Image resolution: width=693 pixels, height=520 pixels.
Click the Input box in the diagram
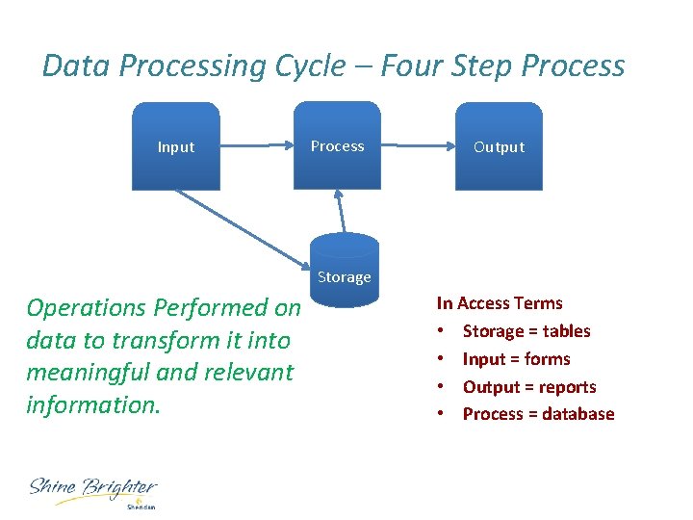[176, 146]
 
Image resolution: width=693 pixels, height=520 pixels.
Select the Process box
[337, 146]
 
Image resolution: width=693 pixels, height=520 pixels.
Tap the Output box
[499, 146]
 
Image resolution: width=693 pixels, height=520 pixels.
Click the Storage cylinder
[345, 272]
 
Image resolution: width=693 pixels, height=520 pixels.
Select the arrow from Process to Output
[418, 146]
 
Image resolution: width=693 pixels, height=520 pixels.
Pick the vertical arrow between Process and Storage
[338, 210]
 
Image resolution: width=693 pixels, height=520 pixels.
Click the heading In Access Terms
[499, 303]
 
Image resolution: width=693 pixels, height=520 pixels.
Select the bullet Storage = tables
[526, 331]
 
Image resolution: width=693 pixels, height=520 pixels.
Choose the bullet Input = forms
[516, 359]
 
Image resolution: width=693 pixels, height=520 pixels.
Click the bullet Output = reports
[528, 387]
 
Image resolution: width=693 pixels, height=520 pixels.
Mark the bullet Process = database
[537, 414]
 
